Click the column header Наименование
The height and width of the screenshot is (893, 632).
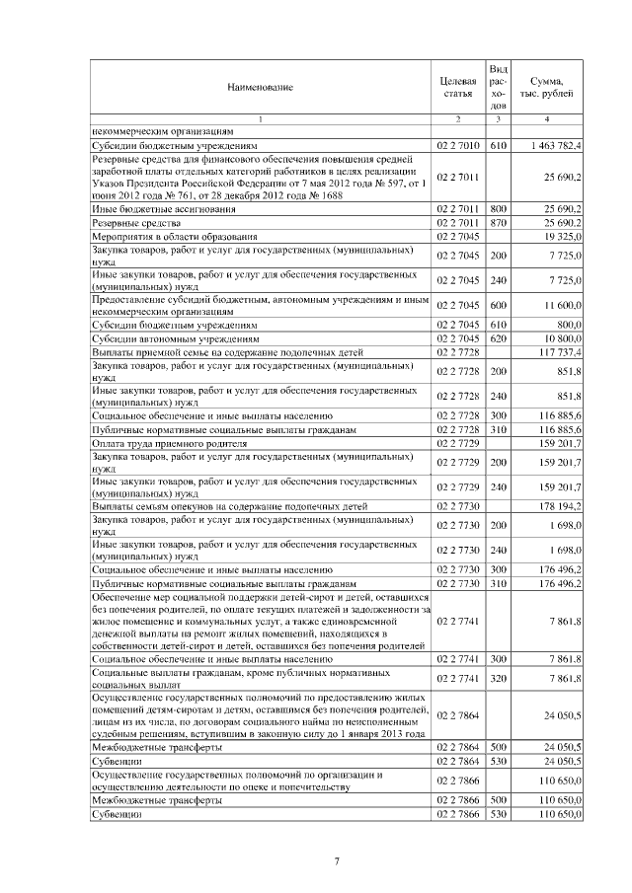[x=261, y=88]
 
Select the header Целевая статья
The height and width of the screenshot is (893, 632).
[x=458, y=86]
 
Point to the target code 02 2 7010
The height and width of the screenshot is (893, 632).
[x=457, y=145]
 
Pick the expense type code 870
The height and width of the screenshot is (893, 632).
[x=499, y=224]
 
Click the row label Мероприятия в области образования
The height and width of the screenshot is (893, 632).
[x=175, y=238]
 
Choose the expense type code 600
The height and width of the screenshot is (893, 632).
[x=499, y=307]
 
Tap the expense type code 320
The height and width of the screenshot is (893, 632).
[x=499, y=678]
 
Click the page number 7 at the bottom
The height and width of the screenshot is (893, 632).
[x=337, y=861]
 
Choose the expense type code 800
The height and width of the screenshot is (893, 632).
[x=499, y=210]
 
